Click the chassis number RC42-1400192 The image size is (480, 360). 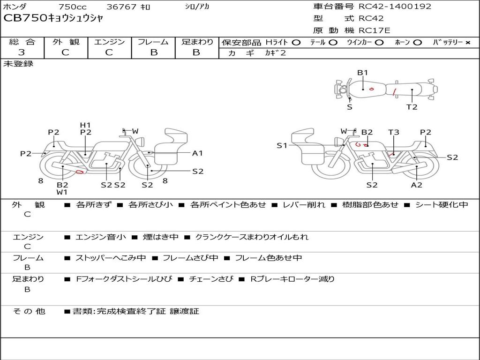click(x=395, y=7)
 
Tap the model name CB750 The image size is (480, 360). click(x=25, y=18)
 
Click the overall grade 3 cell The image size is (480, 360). click(x=22, y=52)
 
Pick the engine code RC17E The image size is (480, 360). click(x=375, y=30)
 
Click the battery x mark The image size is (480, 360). click(x=468, y=43)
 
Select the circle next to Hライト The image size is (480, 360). click(x=296, y=43)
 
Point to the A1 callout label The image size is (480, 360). click(x=197, y=153)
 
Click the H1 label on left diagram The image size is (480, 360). click(x=85, y=125)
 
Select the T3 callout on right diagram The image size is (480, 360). click(x=394, y=132)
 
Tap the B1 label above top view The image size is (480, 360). click(x=362, y=73)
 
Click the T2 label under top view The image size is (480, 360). click(x=412, y=107)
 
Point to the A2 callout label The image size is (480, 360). click(x=417, y=185)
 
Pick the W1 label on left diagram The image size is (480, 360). click(x=62, y=192)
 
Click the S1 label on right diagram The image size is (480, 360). click(x=282, y=145)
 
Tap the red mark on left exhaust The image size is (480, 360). click(x=80, y=172)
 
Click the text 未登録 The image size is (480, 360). click(x=18, y=64)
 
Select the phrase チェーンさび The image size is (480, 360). click(x=211, y=279)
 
